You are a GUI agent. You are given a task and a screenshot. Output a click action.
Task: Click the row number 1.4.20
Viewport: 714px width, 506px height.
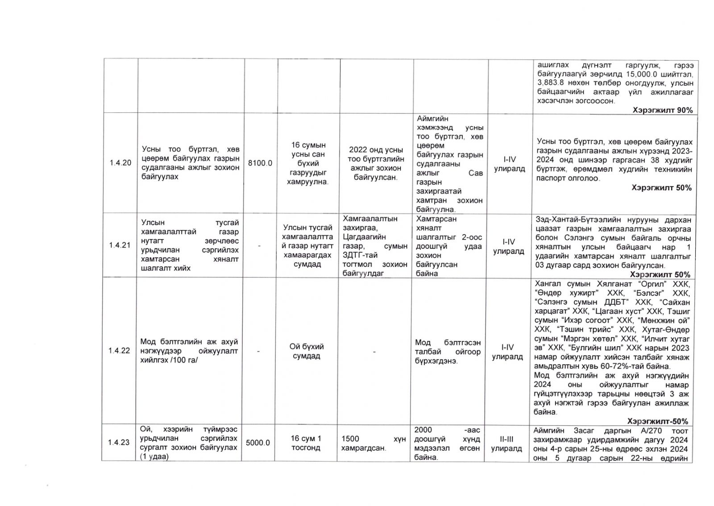[120, 163]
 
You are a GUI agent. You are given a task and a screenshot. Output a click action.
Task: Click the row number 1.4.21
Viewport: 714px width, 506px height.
[120, 245]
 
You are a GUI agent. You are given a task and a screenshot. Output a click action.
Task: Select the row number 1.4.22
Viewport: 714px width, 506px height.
[119, 351]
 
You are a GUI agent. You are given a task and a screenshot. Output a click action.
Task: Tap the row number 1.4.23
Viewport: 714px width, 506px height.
[119, 442]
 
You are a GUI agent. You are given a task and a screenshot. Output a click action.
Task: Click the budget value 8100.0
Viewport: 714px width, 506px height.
[260, 163]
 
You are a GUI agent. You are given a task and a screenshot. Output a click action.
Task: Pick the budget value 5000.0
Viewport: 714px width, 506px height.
[258, 443]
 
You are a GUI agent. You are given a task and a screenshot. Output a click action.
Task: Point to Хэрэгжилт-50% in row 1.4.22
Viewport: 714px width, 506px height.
[657, 421]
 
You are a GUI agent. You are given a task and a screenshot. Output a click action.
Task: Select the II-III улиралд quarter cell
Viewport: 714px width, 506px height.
[506, 444]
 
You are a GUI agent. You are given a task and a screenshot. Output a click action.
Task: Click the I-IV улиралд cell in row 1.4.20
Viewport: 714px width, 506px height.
[509, 164]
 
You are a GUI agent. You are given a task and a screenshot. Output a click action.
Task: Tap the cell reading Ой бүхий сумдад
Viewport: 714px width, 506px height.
[307, 351]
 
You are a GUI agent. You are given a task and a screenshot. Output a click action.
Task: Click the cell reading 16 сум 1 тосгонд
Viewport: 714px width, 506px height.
[306, 443]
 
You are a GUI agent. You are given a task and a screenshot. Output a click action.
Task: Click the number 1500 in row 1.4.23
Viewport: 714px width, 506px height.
[350, 439]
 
